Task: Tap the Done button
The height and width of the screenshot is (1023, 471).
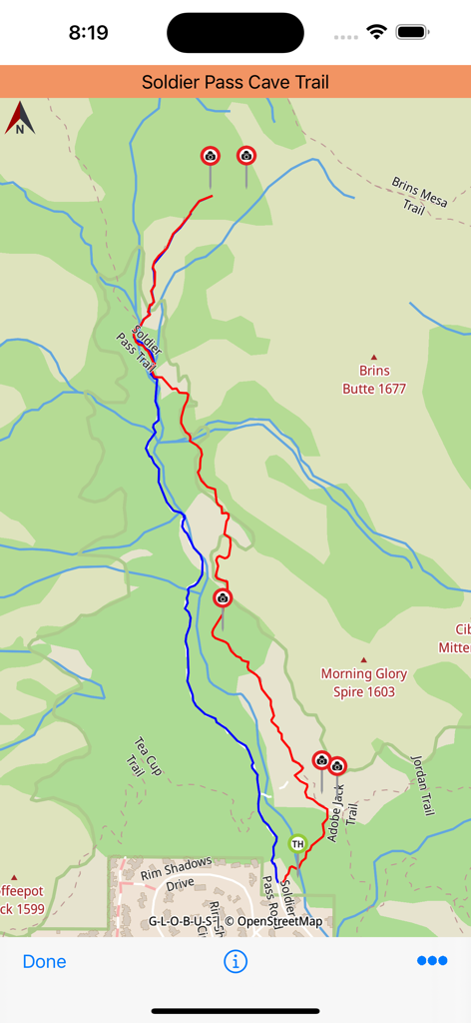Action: (x=44, y=961)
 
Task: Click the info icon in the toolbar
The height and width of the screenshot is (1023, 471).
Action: (x=235, y=961)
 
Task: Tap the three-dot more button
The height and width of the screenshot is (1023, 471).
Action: (x=432, y=961)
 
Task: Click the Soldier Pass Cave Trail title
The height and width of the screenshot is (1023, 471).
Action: (x=235, y=82)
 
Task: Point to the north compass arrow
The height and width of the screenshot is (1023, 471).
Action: (x=20, y=118)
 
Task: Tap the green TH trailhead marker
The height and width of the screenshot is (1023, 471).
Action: (x=297, y=844)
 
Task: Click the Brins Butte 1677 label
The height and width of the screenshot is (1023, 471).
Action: (x=374, y=381)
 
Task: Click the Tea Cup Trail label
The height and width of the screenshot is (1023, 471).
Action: (x=141, y=756)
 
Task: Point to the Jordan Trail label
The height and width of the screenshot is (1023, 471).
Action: (x=423, y=784)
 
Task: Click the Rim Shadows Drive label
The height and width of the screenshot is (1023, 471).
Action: (x=176, y=873)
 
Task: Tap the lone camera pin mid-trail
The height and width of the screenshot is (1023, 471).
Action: (x=223, y=599)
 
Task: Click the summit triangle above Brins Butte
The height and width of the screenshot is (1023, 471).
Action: (x=375, y=357)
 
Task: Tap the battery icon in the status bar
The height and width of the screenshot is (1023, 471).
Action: (x=411, y=32)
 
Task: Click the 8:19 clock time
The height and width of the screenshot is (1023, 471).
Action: (x=88, y=32)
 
